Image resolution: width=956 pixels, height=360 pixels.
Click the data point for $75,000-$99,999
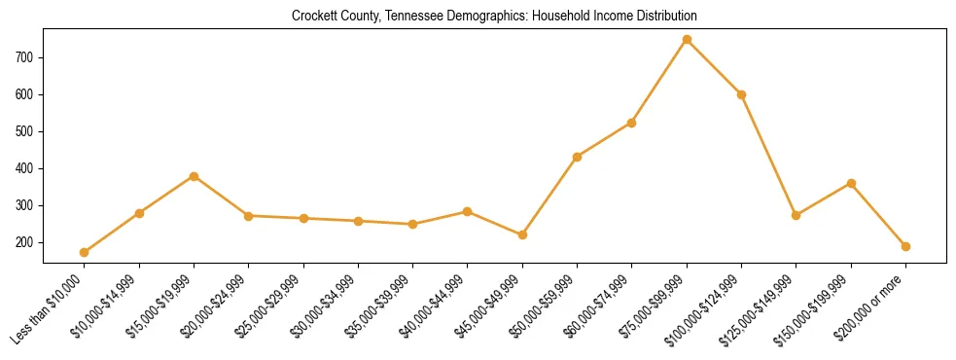pos(687,40)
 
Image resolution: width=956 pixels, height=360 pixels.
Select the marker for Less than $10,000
pos(85,252)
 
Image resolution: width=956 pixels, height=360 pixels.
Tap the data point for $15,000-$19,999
pos(195,176)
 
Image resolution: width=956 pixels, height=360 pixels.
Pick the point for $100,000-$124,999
pos(741,94)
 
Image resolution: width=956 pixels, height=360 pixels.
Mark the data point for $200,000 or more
pos(905,246)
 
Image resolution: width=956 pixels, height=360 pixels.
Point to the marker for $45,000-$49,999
pos(522,234)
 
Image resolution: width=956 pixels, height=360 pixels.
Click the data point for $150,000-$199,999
pos(851,183)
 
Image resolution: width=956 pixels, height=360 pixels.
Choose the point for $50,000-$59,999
pos(577,157)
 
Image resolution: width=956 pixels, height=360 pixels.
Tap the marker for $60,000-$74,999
pos(632,123)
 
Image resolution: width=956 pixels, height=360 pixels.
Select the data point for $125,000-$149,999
pos(797,215)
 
